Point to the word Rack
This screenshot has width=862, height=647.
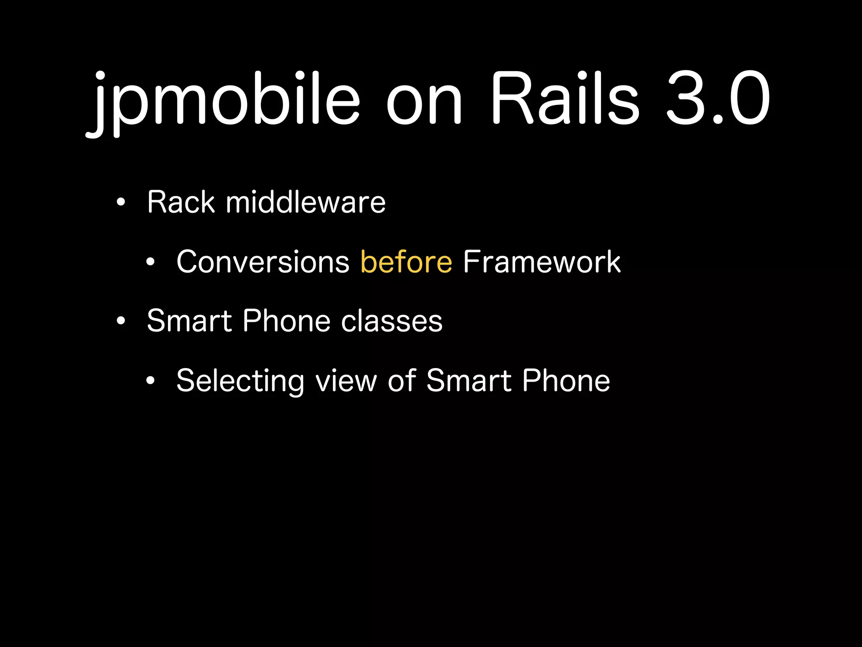181,202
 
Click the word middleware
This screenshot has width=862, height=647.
306,202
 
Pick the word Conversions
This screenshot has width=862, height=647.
263,262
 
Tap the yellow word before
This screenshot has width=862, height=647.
406,262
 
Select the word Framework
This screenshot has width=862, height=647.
542,262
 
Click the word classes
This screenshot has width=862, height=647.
391,321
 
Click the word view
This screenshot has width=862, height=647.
346,380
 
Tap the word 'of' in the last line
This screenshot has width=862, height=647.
402,380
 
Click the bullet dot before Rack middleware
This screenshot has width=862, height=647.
121,203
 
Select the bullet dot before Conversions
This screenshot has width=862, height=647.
151,262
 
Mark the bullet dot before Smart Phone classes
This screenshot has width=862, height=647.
121,321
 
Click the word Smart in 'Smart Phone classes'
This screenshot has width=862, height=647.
189,321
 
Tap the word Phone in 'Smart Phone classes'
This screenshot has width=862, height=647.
287,321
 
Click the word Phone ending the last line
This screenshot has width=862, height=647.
566,380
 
